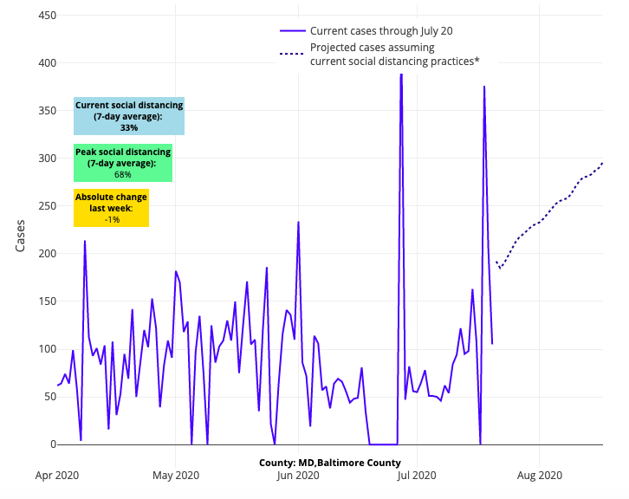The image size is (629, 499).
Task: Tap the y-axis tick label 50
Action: (x=49, y=397)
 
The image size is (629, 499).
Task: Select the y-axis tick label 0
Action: (x=52, y=444)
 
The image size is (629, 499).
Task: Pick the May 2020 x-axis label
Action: (x=176, y=475)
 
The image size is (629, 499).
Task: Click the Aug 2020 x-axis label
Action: (x=539, y=475)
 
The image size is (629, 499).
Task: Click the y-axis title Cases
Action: (x=21, y=235)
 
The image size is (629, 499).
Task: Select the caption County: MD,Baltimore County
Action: (x=329, y=463)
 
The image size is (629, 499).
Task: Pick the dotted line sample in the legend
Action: (x=292, y=55)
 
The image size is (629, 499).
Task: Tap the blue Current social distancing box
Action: (x=129, y=116)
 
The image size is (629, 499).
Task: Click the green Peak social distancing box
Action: (x=123, y=163)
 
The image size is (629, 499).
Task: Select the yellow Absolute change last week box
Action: (x=111, y=208)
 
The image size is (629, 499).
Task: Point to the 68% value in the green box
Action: (x=123, y=174)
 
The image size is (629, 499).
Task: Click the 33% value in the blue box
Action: (x=129, y=127)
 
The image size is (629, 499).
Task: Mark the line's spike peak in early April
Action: (x=85, y=241)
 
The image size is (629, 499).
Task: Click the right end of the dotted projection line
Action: (x=603, y=163)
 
